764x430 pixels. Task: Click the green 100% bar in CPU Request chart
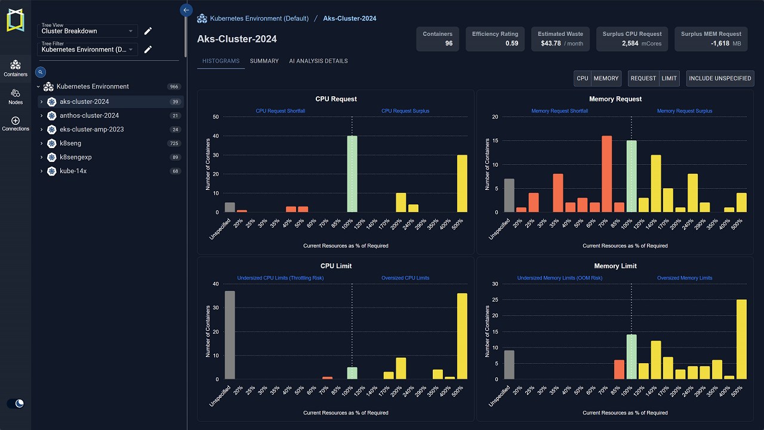click(352, 174)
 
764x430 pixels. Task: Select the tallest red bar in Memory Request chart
click(607, 174)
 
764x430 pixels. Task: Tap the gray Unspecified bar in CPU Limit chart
click(230, 335)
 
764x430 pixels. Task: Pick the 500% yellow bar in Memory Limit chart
click(741, 339)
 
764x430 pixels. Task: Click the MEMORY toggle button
click(606, 78)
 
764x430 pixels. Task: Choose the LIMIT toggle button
click(669, 78)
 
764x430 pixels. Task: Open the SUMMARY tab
click(264, 61)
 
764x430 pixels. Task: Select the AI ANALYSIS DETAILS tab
click(318, 61)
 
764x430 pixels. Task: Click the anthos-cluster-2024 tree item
click(89, 116)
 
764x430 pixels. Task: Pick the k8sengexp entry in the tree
click(75, 157)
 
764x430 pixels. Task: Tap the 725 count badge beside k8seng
click(174, 143)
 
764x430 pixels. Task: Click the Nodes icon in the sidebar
click(16, 96)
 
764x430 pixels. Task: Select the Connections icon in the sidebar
click(16, 124)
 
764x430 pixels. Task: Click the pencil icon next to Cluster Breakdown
click(148, 31)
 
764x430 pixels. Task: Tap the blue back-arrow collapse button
click(186, 10)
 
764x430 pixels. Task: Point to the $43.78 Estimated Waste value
click(551, 44)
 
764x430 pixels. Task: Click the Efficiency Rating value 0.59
click(512, 44)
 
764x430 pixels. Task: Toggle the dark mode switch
click(16, 404)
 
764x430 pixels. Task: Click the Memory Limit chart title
click(615, 266)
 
